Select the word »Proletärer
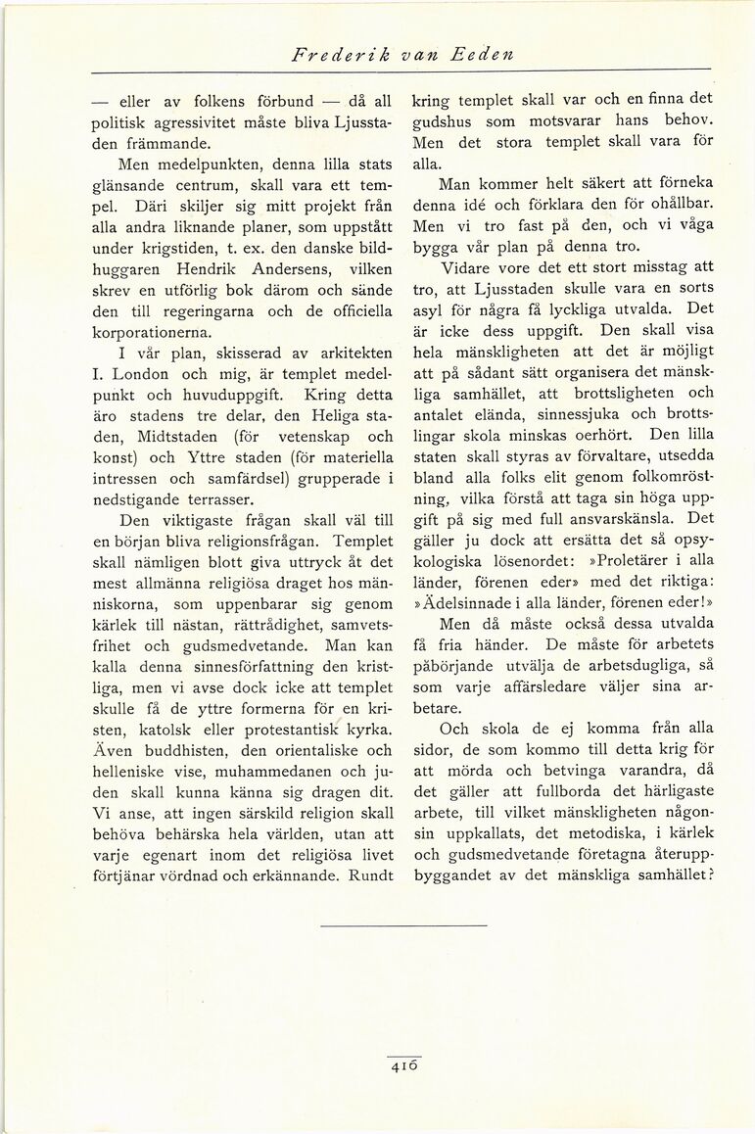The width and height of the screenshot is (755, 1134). click(624, 560)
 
